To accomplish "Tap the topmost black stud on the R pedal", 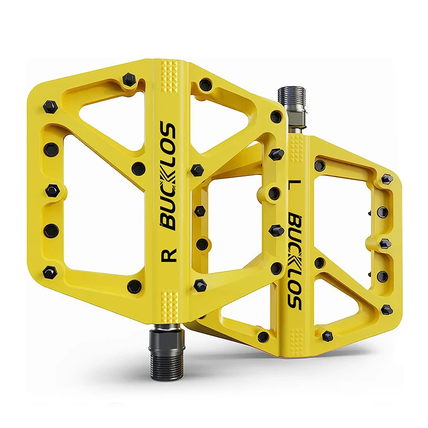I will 128,80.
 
